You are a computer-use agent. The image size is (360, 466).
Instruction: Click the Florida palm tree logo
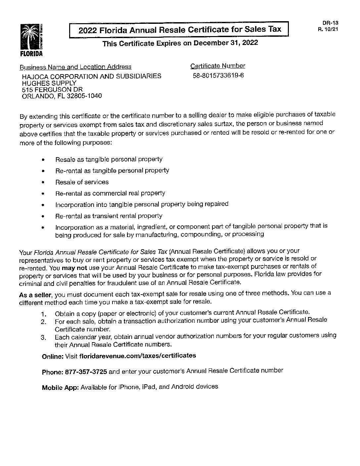tap(31, 39)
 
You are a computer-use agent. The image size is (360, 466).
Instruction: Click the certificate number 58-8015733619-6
tap(218, 75)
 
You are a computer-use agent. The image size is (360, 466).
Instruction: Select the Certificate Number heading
tap(218, 66)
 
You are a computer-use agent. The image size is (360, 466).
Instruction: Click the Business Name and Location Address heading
tap(75, 67)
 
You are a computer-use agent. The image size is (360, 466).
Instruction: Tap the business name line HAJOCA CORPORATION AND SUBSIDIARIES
tap(92, 76)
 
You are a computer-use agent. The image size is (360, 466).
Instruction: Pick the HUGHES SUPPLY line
tap(49, 83)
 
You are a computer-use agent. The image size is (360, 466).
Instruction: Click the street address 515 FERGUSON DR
tap(52, 90)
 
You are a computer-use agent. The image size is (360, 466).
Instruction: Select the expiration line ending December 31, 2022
tap(180, 43)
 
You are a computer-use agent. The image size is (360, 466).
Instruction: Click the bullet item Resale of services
tap(82, 182)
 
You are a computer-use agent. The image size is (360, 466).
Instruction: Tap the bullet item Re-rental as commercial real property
tap(110, 193)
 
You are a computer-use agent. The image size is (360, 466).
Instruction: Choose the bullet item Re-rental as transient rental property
tap(109, 216)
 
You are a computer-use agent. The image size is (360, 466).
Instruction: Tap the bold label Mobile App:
tap(60, 388)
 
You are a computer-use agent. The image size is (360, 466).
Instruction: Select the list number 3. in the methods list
tap(43, 338)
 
